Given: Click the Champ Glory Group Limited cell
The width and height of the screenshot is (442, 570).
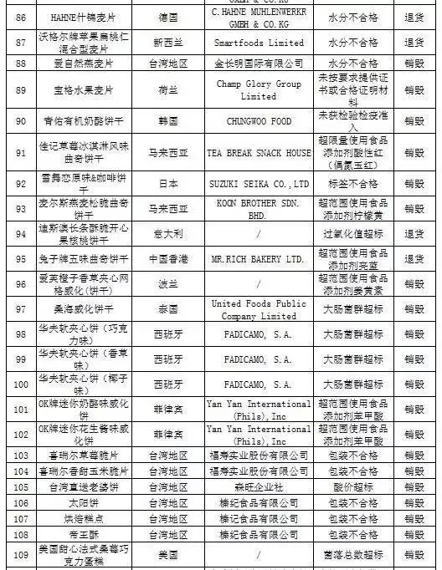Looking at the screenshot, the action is (x=258, y=91).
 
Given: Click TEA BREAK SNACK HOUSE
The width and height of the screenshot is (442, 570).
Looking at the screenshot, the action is (x=258, y=153).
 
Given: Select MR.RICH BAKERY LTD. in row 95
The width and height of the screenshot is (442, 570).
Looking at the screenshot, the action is (x=258, y=260).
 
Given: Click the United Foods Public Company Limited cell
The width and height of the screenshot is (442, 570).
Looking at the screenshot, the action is (x=258, y=310).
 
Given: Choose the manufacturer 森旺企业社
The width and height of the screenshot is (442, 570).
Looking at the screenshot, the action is (x=258, y=487).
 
